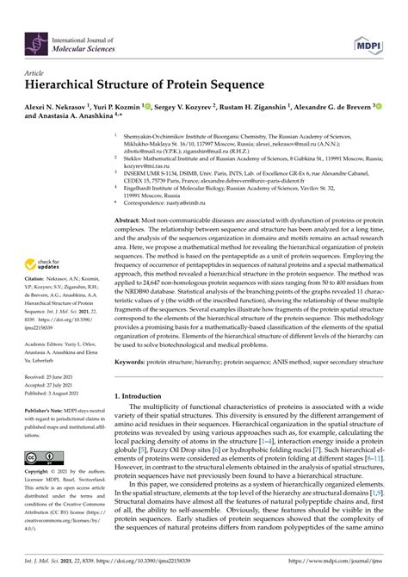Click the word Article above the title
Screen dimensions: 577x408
pos(34,73)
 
